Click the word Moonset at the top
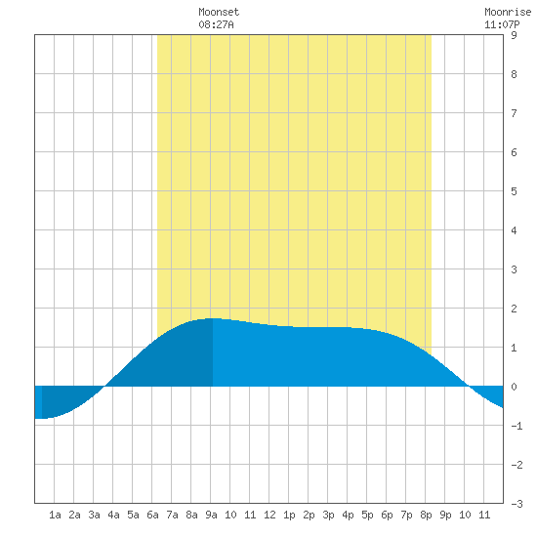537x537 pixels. [219, 12]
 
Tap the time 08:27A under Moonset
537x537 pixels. [216, 24]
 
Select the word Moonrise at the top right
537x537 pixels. [508, 12]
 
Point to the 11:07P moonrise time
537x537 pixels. [502, 24]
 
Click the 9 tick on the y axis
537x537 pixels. [514, 35]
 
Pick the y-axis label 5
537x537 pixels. [514, 191]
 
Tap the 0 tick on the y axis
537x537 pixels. [514, 387]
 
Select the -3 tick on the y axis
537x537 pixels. [516, 504]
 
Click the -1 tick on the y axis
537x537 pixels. [516, 426]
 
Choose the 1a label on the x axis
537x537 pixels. [55, 515]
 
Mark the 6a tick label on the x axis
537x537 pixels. [152, 515]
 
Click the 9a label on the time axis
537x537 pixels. [211, 515]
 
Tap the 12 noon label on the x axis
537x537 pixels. [269, 515]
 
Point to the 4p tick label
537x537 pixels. [348, 515]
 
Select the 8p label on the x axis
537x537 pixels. [426, 515]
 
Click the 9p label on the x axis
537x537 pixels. [445, 515]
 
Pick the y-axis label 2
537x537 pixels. [514, 309]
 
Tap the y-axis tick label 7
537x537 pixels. [514, 113]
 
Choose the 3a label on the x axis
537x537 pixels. [94, 515]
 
